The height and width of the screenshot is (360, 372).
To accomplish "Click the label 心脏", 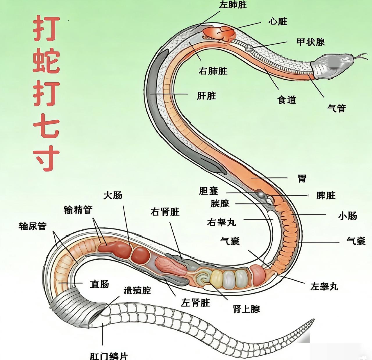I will [278, 21].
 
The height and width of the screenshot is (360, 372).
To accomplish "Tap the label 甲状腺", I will [310, 42].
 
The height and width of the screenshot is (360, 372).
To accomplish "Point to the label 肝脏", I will [206, 96].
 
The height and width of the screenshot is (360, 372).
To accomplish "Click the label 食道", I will [286, 100].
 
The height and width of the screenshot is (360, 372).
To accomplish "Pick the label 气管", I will [337, 108].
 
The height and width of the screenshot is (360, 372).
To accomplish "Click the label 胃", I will [302, 178].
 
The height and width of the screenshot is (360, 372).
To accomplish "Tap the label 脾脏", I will [326, 195].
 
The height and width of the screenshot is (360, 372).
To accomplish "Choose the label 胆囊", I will [208, 191].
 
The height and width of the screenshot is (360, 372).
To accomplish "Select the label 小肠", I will [347, 216].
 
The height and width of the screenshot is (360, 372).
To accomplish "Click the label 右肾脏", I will [165, 212].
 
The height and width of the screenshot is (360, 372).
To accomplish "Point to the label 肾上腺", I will [246, 309].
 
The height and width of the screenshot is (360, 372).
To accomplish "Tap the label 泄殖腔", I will [137, 290].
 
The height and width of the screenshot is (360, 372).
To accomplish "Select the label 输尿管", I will [33, 226].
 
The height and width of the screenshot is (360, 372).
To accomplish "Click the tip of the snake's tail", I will [313, 320].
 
